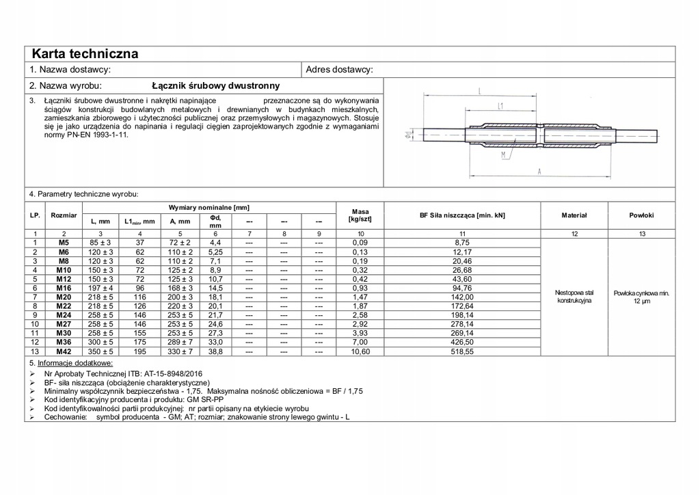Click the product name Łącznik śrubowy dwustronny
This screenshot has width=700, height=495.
tap(215, 86)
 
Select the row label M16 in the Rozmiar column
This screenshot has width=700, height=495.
tap(64, 289)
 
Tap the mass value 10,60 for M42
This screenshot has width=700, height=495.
tap(360, 351)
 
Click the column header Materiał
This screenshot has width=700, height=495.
tap(574, 215)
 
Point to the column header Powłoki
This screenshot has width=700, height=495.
tap(641, 215)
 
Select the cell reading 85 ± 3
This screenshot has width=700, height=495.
tap(100, 243)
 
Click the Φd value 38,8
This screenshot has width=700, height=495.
tap(215, 351)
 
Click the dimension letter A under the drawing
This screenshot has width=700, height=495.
tap(539, 171)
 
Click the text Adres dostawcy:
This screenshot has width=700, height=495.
tap(339, 70)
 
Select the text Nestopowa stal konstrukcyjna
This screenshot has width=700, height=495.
tap(574, 297)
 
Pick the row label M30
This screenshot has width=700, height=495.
tap(64, 332)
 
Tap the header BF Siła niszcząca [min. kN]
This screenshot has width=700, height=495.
tap(462, 215)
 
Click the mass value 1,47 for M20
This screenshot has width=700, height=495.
tap(360, 297)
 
